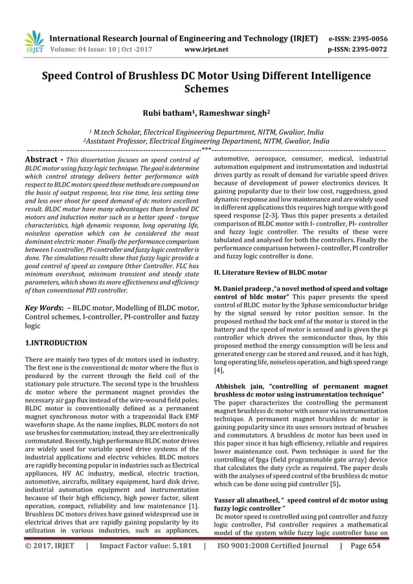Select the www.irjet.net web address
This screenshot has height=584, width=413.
click(x=206, y=49)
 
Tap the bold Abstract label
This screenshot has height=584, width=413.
click(x=41, y=159)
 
